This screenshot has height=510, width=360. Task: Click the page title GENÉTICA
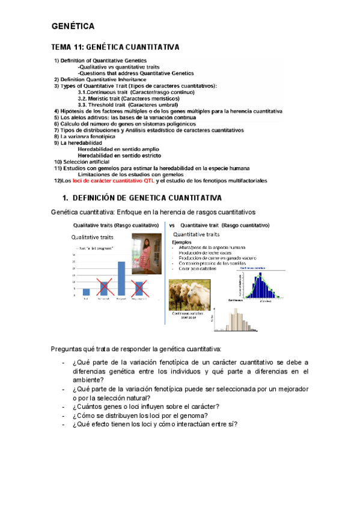click(72, 26)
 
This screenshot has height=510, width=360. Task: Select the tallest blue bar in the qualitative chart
click(121, 269)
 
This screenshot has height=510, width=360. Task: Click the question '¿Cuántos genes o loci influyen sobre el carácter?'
click(145, 406)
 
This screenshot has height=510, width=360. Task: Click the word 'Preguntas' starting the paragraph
click(68, 349)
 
